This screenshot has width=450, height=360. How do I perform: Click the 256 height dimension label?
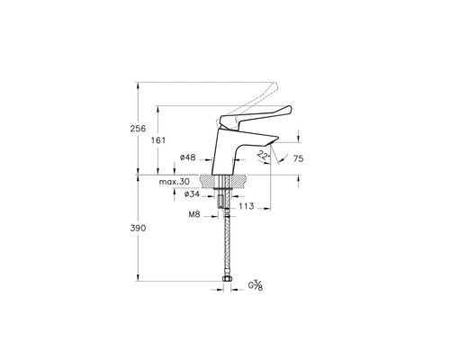click(138, 130)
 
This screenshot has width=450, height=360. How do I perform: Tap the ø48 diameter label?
click(188, 158)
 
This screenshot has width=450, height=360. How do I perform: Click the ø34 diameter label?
click(190, 194)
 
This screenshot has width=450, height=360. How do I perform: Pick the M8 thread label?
click(193, 215)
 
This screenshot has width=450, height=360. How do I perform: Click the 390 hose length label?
click(138, 230)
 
